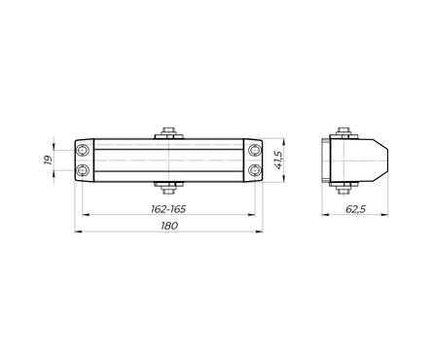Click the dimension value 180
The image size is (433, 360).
pos(169,225)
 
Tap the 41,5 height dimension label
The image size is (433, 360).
pos(278,160)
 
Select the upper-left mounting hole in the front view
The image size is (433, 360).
pos(85,150)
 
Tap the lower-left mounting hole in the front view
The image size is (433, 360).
pos(85,170)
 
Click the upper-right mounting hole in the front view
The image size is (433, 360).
pos(255,150)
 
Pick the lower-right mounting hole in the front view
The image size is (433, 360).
pos(255,170)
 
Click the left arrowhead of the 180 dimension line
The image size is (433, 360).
pos(78,233)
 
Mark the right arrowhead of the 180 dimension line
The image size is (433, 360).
pos(262,233)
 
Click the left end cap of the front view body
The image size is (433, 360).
pos(85,160)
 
